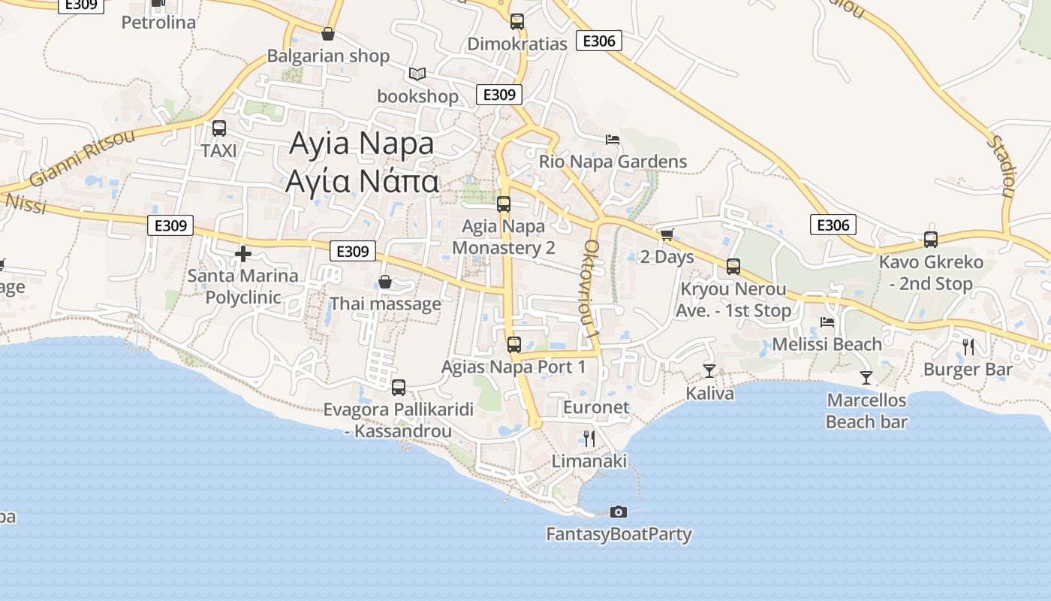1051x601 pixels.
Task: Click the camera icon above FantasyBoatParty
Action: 619,512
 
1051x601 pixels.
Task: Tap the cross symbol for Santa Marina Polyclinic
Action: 242,254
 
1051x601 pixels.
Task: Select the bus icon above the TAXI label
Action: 219,128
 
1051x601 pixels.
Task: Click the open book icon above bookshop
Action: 417,74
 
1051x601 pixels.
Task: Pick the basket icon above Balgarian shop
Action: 328,34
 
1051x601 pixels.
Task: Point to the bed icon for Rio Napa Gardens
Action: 613,139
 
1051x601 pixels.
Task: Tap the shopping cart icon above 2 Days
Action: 667,234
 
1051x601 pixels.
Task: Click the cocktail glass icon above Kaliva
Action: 709,370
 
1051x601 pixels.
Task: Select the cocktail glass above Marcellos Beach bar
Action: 866,377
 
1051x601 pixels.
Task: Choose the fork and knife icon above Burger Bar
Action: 968,346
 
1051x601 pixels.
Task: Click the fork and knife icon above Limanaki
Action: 589,438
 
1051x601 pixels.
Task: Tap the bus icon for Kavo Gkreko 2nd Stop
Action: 931,240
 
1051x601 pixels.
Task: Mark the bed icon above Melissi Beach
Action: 827,322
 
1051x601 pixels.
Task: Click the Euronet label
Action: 596,407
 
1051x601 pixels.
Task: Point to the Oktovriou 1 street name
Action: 592,288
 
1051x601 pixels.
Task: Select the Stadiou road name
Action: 1001,165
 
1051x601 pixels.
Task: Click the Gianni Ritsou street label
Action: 83,158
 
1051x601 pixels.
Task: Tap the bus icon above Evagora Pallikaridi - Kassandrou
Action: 399,387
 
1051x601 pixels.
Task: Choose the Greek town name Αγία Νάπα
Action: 361,181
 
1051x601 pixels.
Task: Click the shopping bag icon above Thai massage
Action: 385,282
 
